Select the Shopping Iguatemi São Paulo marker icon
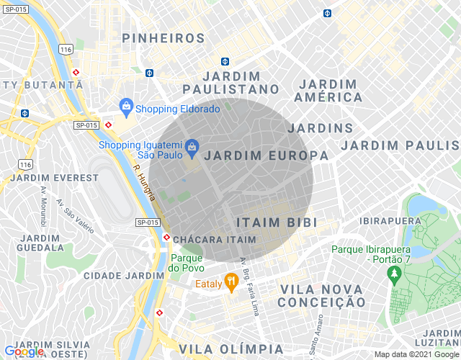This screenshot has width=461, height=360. [x=192, y=148]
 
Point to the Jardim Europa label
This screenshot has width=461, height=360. [x=266, y=155]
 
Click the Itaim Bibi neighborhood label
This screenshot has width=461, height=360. [x=277, y=222]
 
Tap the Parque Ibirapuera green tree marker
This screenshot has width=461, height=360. [x=393, y=274]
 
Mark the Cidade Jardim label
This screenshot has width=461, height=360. [x=124, y=275]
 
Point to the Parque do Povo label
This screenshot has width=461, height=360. [x=187, y=263]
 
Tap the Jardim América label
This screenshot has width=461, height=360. [x=328, y=89]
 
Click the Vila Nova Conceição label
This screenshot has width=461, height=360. [x=321, y=295]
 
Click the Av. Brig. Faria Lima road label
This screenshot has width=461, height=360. [x=249, y=277]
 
